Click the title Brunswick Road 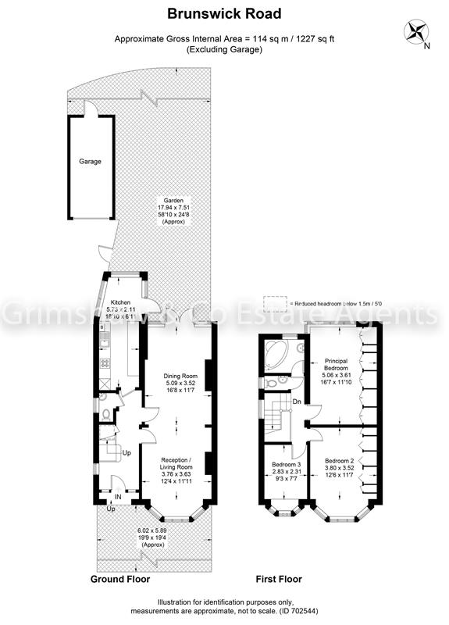[225, 13]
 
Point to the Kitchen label [119, 302]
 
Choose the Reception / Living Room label [176, 464]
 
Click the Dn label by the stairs [297, 402]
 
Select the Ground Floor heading [120, 580]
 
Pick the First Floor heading [279, 580]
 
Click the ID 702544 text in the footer [319, 611]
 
